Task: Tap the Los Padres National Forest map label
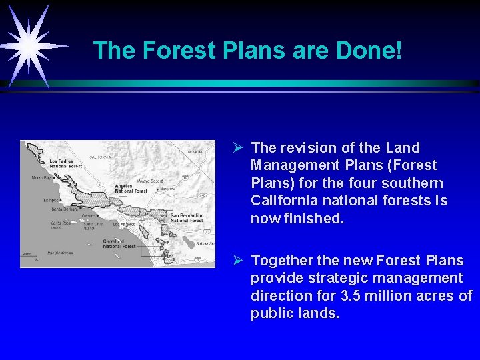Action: [x=65, y=163]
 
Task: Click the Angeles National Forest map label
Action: [x=131, y=189]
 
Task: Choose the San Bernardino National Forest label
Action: [x=187, y=218]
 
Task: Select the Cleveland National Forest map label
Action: [x=119, y=244]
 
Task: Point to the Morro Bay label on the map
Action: [x=41, y=178]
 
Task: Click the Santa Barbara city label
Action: [x=65, y=209]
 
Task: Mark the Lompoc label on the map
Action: [x=50, y=199]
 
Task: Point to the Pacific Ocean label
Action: [x=60, y=253]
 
